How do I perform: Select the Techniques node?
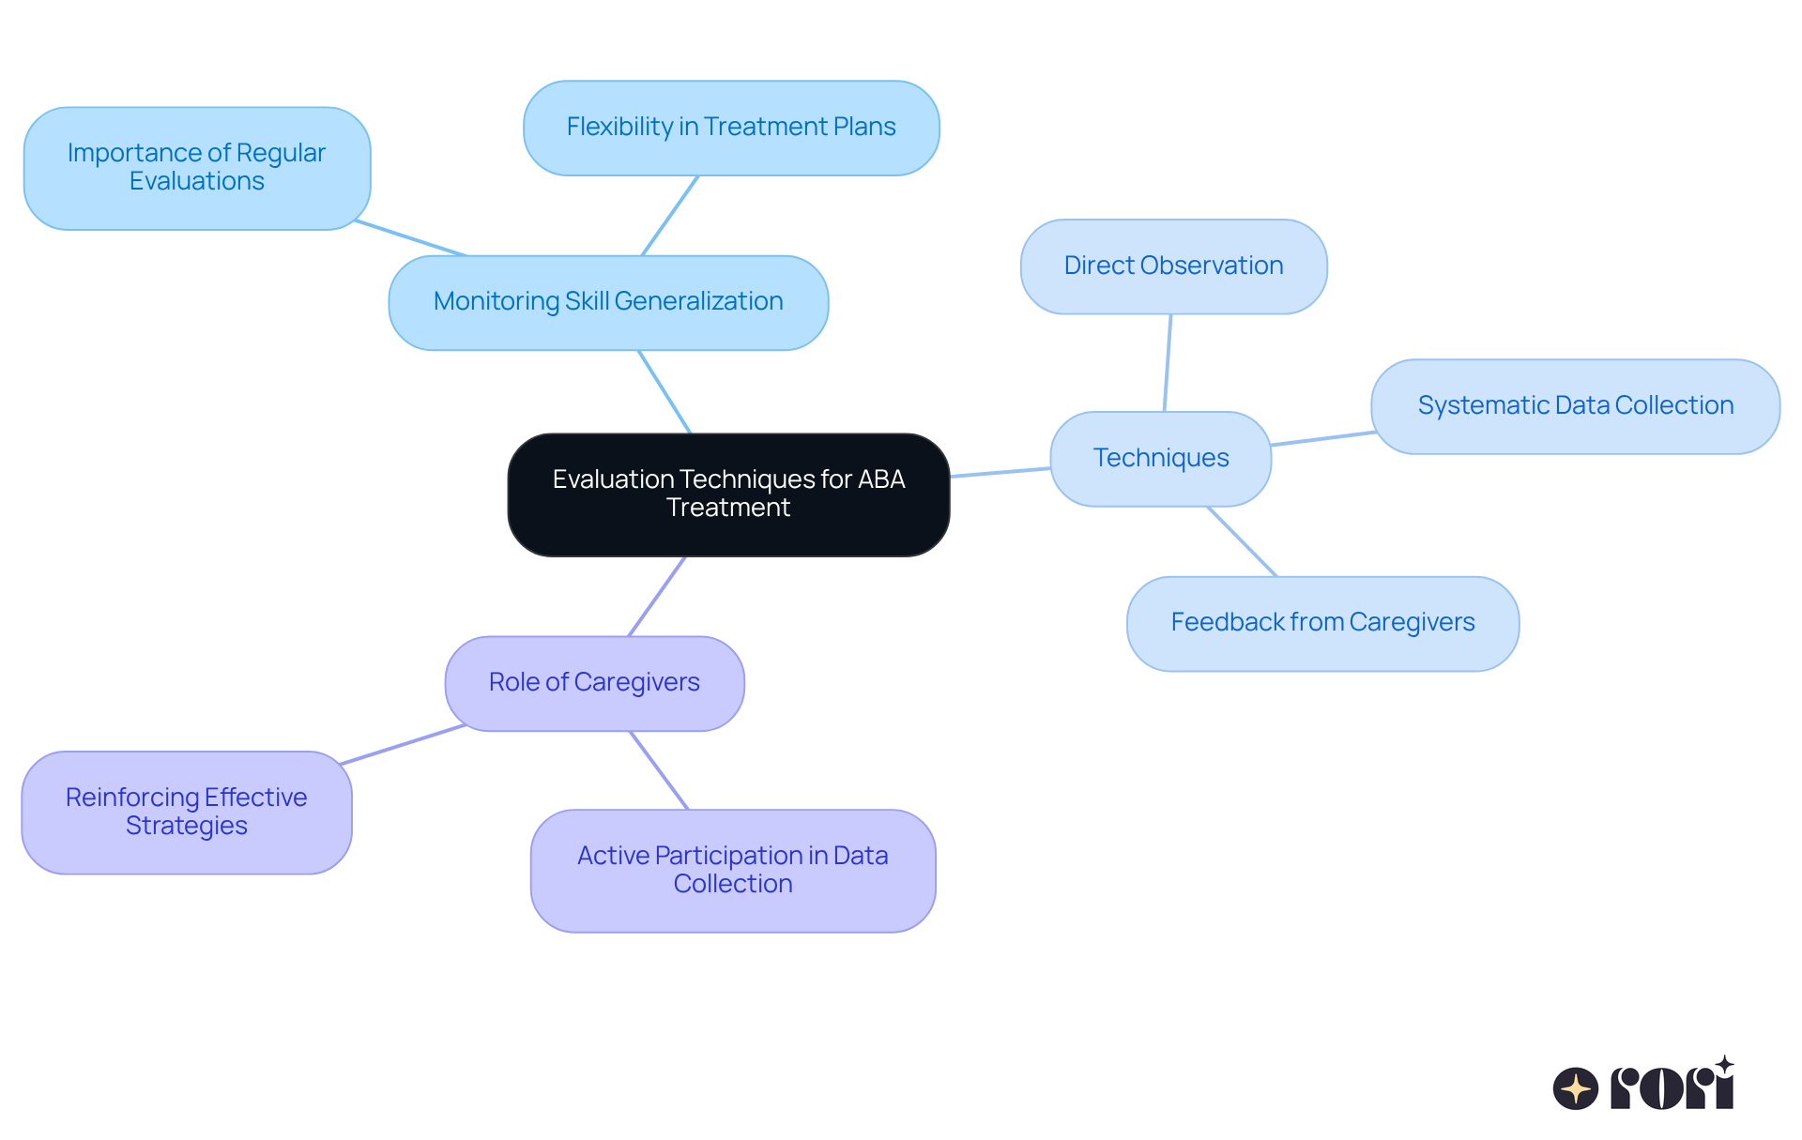pyautogui.click(x=1160, y=458)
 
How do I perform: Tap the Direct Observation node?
pyautogui.click(x=1173, y=266)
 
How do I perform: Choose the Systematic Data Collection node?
pyautogui.click(x=1575, y=406)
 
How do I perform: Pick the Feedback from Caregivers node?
pyautogui.click(x=1322, y=623)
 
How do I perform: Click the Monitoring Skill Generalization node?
pyautogui.click(x=608, y=302)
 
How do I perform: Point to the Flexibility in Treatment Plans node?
pyautogui.click(x=731, y=128)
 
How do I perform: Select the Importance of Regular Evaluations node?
pyautogui.click(x=197, y=168)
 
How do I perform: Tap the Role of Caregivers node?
pyautogui.click(x=594, y=683)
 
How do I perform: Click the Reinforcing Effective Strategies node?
pyautogui.click(x=187, y=812)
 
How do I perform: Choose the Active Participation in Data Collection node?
pyautogui.click(x=733, y=870)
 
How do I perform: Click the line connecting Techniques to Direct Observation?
pyautogui.click(x=1168, y=362)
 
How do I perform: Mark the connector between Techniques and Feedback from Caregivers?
pyautogui.click(x=1242, y=541)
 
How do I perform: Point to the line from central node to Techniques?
pyautogui.click(x=1000, y=472)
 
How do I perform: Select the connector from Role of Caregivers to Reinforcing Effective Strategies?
pyautogui.click(x=404, y=744)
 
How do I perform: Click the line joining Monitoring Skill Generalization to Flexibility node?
pyautogui.click(x=670, y=215)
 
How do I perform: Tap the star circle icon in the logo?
pyautogui.click(x=1575, y=1088)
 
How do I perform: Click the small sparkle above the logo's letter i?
pyautogui.click(x=1724, y=1065)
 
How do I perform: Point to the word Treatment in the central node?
pyautogui.click(x=728, y=508)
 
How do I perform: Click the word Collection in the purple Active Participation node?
pyautogui.click(x=733, y=884)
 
